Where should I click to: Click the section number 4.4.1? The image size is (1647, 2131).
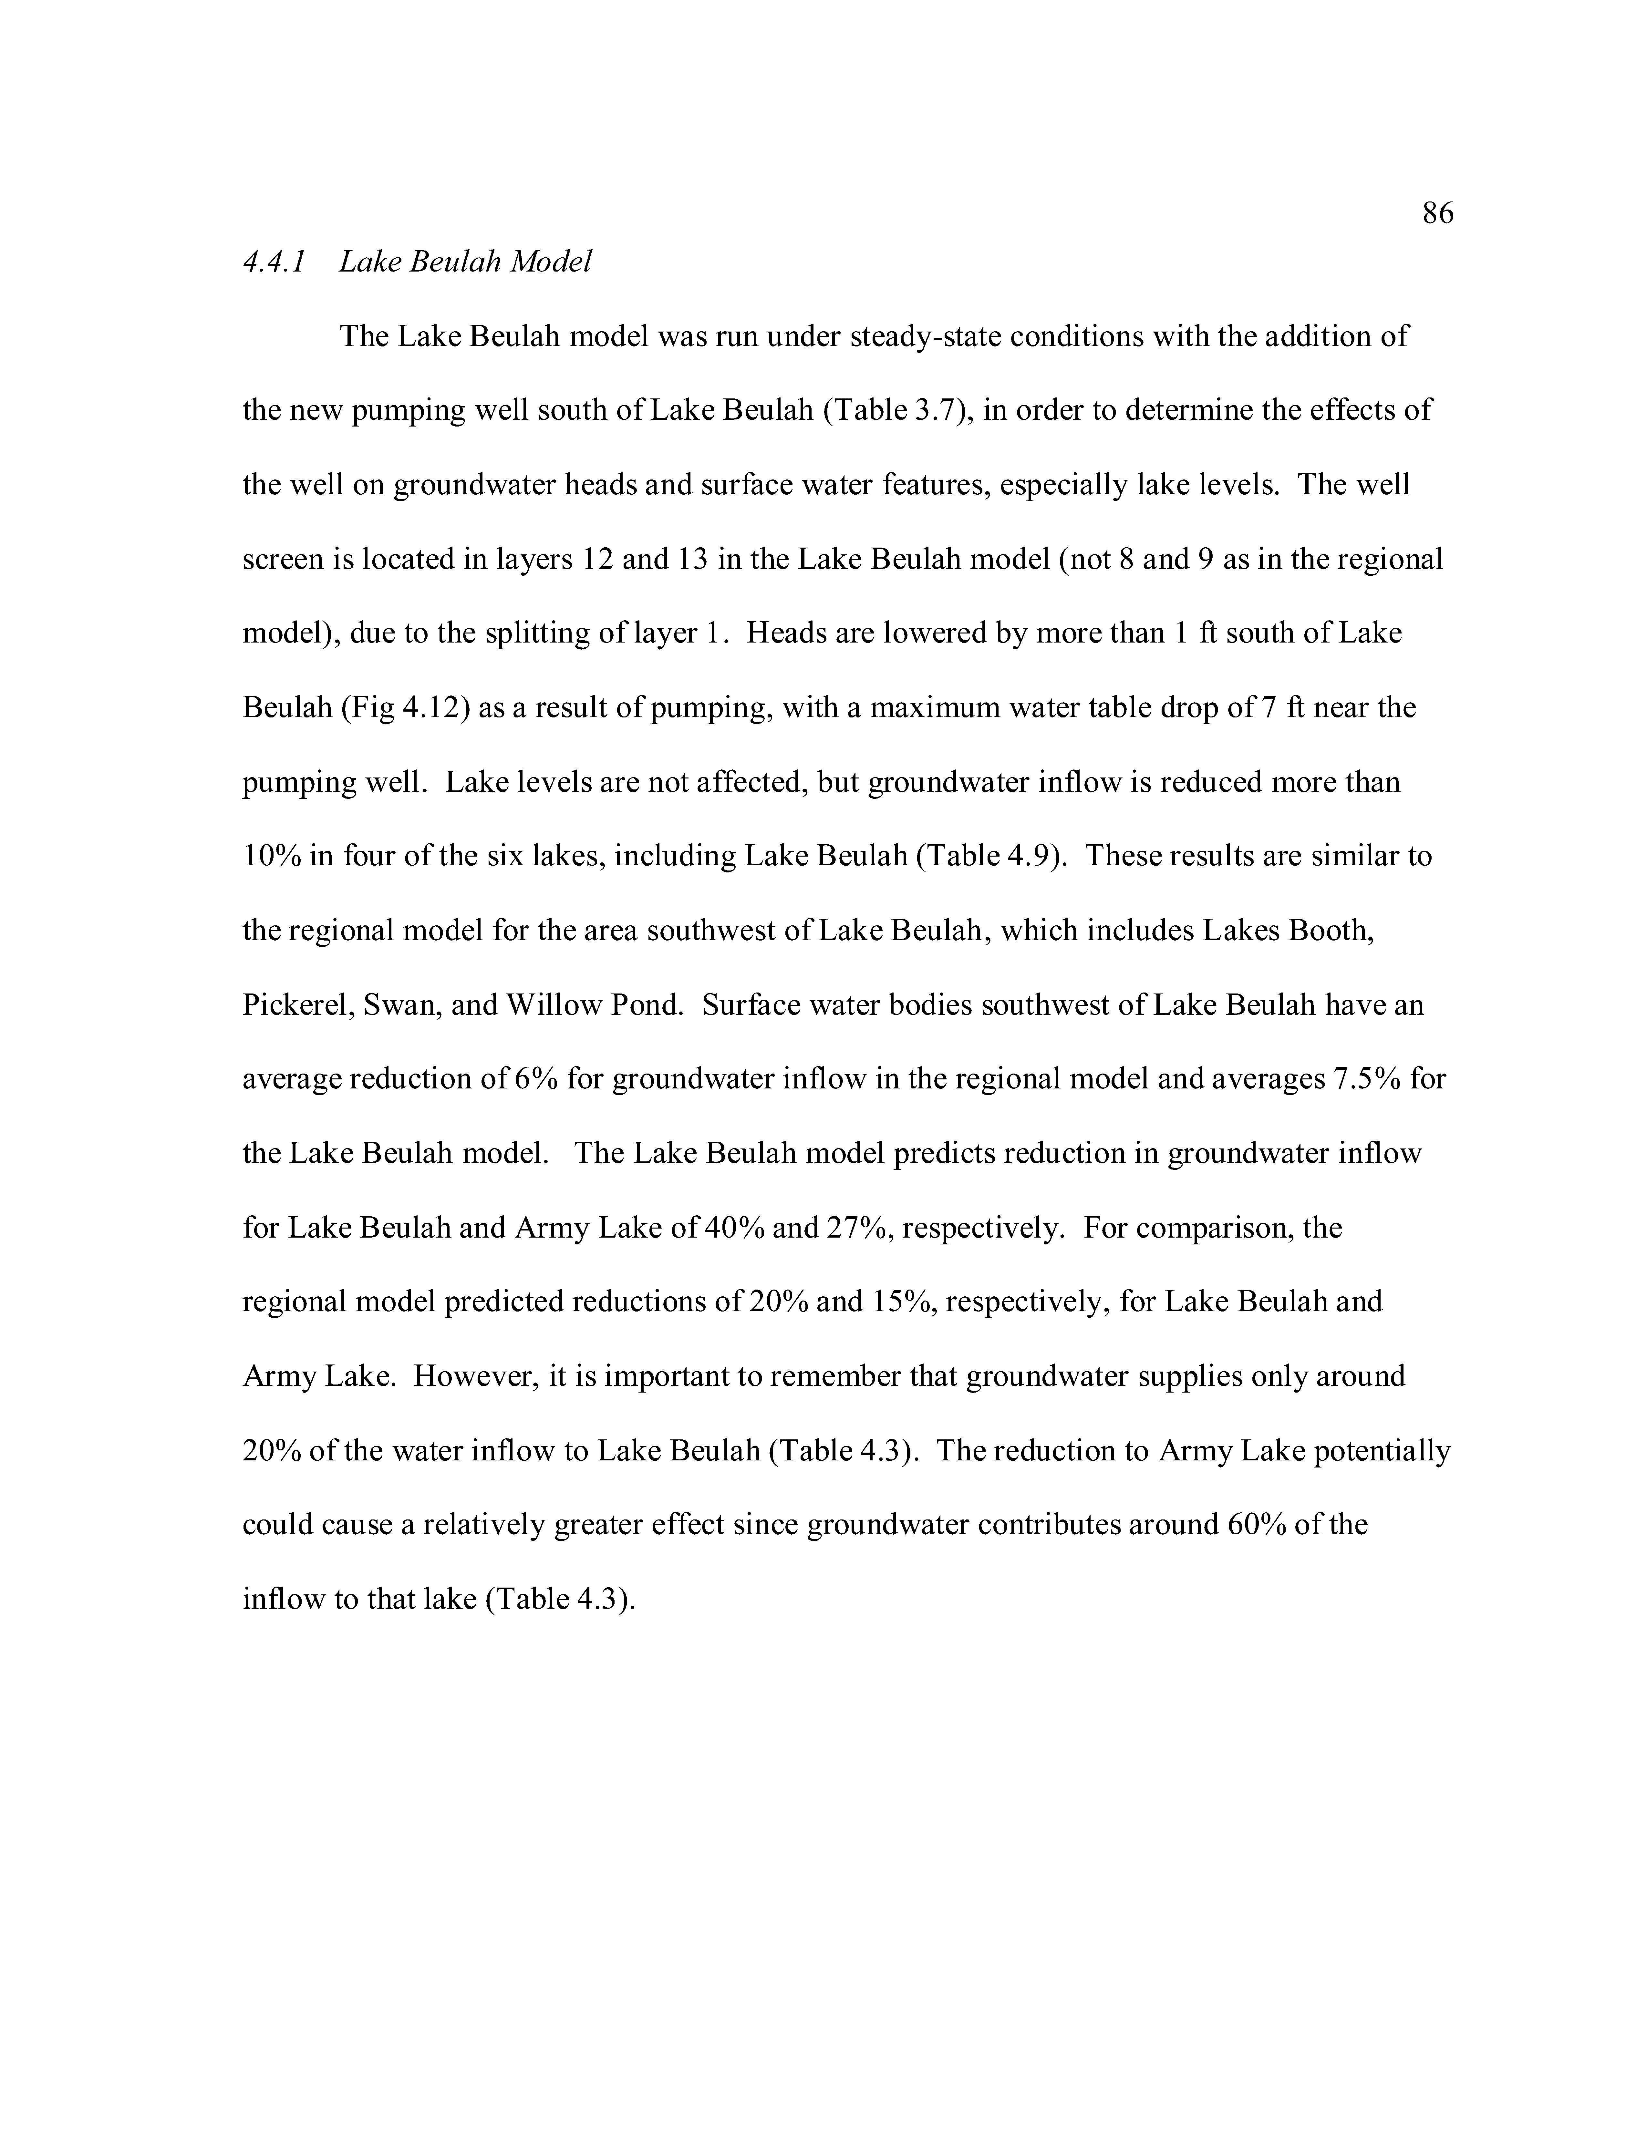[274, 263]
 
